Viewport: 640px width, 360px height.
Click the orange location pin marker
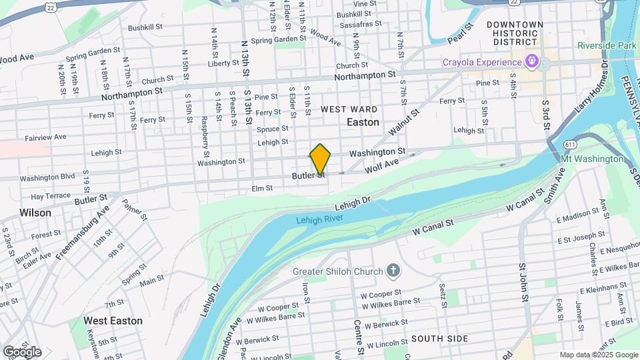[x=320, y=159]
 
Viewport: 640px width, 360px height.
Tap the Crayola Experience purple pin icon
[x=531, y=63]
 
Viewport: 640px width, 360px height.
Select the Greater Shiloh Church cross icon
[x=393, y=271]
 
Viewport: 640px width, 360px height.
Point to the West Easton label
[x=113, y=321]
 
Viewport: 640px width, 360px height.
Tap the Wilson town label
[x=35, y=213]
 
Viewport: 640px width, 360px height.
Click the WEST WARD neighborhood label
[x=349, y=109]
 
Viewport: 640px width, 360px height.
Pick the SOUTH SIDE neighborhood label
[x=439, y=339]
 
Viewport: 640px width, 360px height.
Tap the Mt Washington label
[x=593, y=159]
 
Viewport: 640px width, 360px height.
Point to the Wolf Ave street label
[x=381, y=166]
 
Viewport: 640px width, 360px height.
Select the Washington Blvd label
[x=47, y=178]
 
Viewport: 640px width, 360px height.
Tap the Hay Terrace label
[x=51, y=196]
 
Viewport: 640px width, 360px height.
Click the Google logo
[x=22, y=351]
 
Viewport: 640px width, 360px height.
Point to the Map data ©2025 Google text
[x=599, y=355]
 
